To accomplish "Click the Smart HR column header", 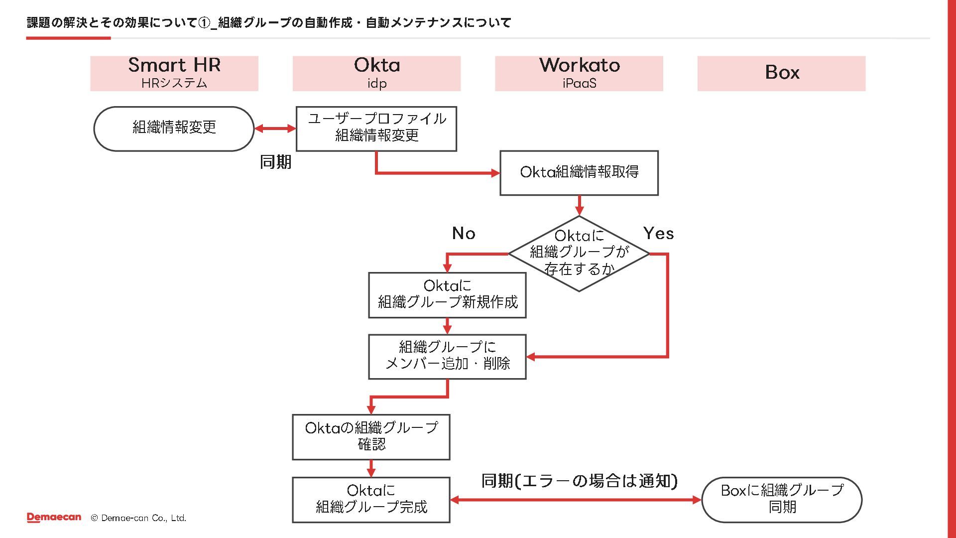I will click(174, 73).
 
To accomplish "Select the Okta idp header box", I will click(376, 73).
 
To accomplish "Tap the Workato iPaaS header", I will click(579, 73).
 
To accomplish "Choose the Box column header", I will click(781, 73).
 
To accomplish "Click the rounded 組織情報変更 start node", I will click(174, 128).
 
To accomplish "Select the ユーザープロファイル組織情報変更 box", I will click(376, 128).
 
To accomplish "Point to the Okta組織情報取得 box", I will click(579, 172).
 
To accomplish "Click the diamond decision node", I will click(579, 253).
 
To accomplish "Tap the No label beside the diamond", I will click(464, 233).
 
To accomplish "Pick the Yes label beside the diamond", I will click(658, 233).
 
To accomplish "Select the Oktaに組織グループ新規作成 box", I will click(447, 294).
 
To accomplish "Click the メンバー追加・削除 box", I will click(447, 356).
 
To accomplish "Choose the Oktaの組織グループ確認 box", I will click(371, 436).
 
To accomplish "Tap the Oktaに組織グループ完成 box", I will click(371, 499).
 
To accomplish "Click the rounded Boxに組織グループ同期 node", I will click(782, 499).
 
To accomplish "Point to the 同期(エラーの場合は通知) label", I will click(579, 481).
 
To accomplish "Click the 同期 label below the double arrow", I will click(275, 162).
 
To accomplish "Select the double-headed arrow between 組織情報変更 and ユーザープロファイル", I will click(275, 129).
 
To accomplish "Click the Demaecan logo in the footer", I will click(54, 518).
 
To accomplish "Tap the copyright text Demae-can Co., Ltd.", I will click(138, 518).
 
